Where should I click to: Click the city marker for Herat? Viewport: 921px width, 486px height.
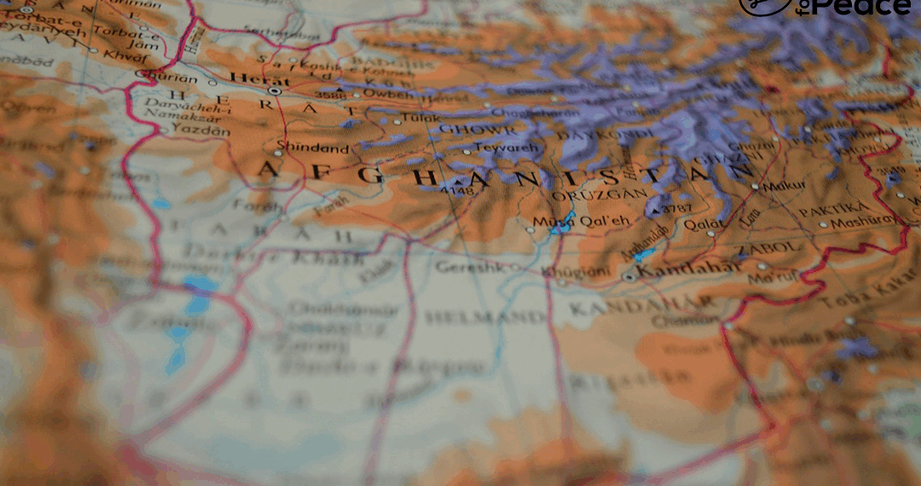point(275,90)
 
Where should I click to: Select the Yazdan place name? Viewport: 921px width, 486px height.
point(200,130)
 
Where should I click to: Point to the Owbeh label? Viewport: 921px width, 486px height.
point(388,94)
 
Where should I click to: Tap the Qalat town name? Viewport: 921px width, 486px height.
point(704,225)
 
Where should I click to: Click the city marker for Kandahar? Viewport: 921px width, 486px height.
point(629,276)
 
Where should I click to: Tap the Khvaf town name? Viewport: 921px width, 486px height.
point(119,54)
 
